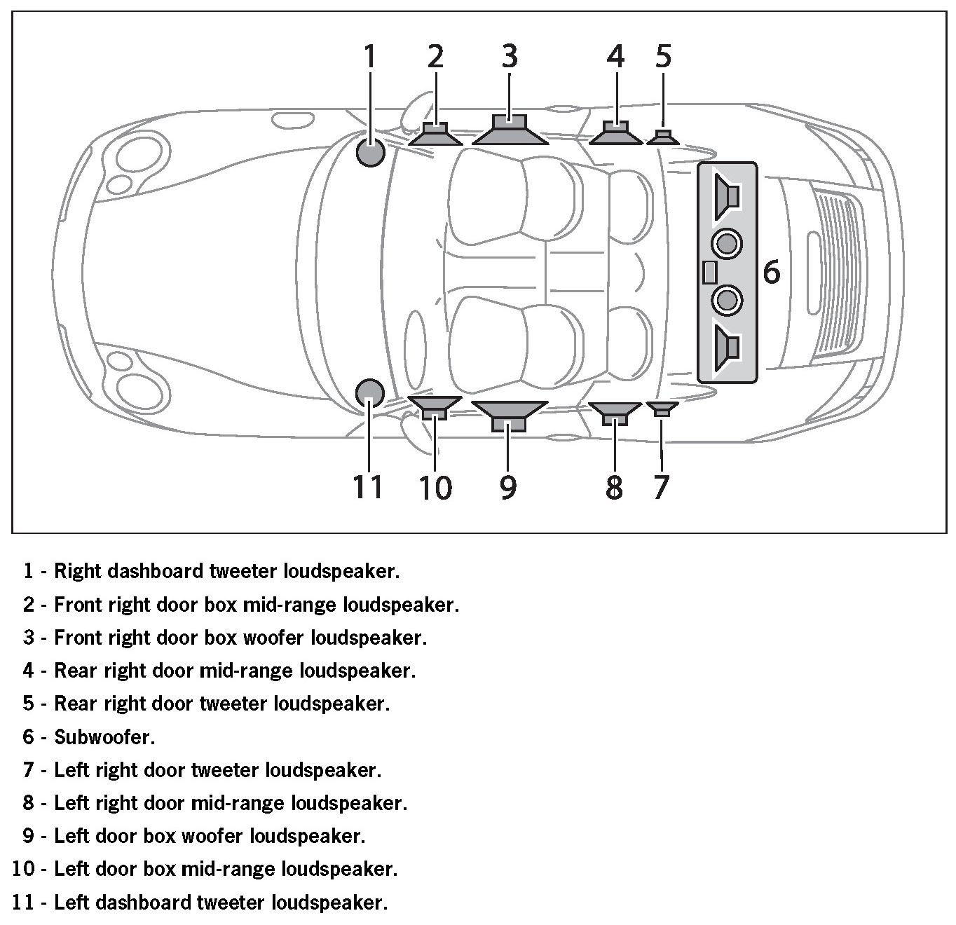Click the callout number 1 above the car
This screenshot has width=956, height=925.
tap(369, 56)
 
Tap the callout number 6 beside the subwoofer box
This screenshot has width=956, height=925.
tap(771, 272)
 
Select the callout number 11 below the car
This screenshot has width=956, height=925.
tap(367, 486)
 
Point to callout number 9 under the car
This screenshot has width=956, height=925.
tap(508, 486)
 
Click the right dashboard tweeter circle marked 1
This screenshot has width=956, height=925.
tap(371, 153)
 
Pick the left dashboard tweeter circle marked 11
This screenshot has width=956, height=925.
tap(369, 393)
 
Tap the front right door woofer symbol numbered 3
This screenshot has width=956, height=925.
tap(510, 130)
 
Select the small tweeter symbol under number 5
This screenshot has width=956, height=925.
tap(663, 137)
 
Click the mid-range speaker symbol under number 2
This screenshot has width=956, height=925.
tap(435, 134)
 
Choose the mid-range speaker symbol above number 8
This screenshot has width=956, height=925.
tap(615, 413)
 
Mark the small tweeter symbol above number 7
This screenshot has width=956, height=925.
tap(662, 409)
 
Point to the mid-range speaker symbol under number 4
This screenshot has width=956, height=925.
tap(615, 133)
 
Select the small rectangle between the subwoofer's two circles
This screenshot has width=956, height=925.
tap(709, 273)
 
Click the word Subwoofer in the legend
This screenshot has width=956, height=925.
tap(104, 737)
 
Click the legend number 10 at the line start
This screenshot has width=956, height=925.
tap(24, 870)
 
